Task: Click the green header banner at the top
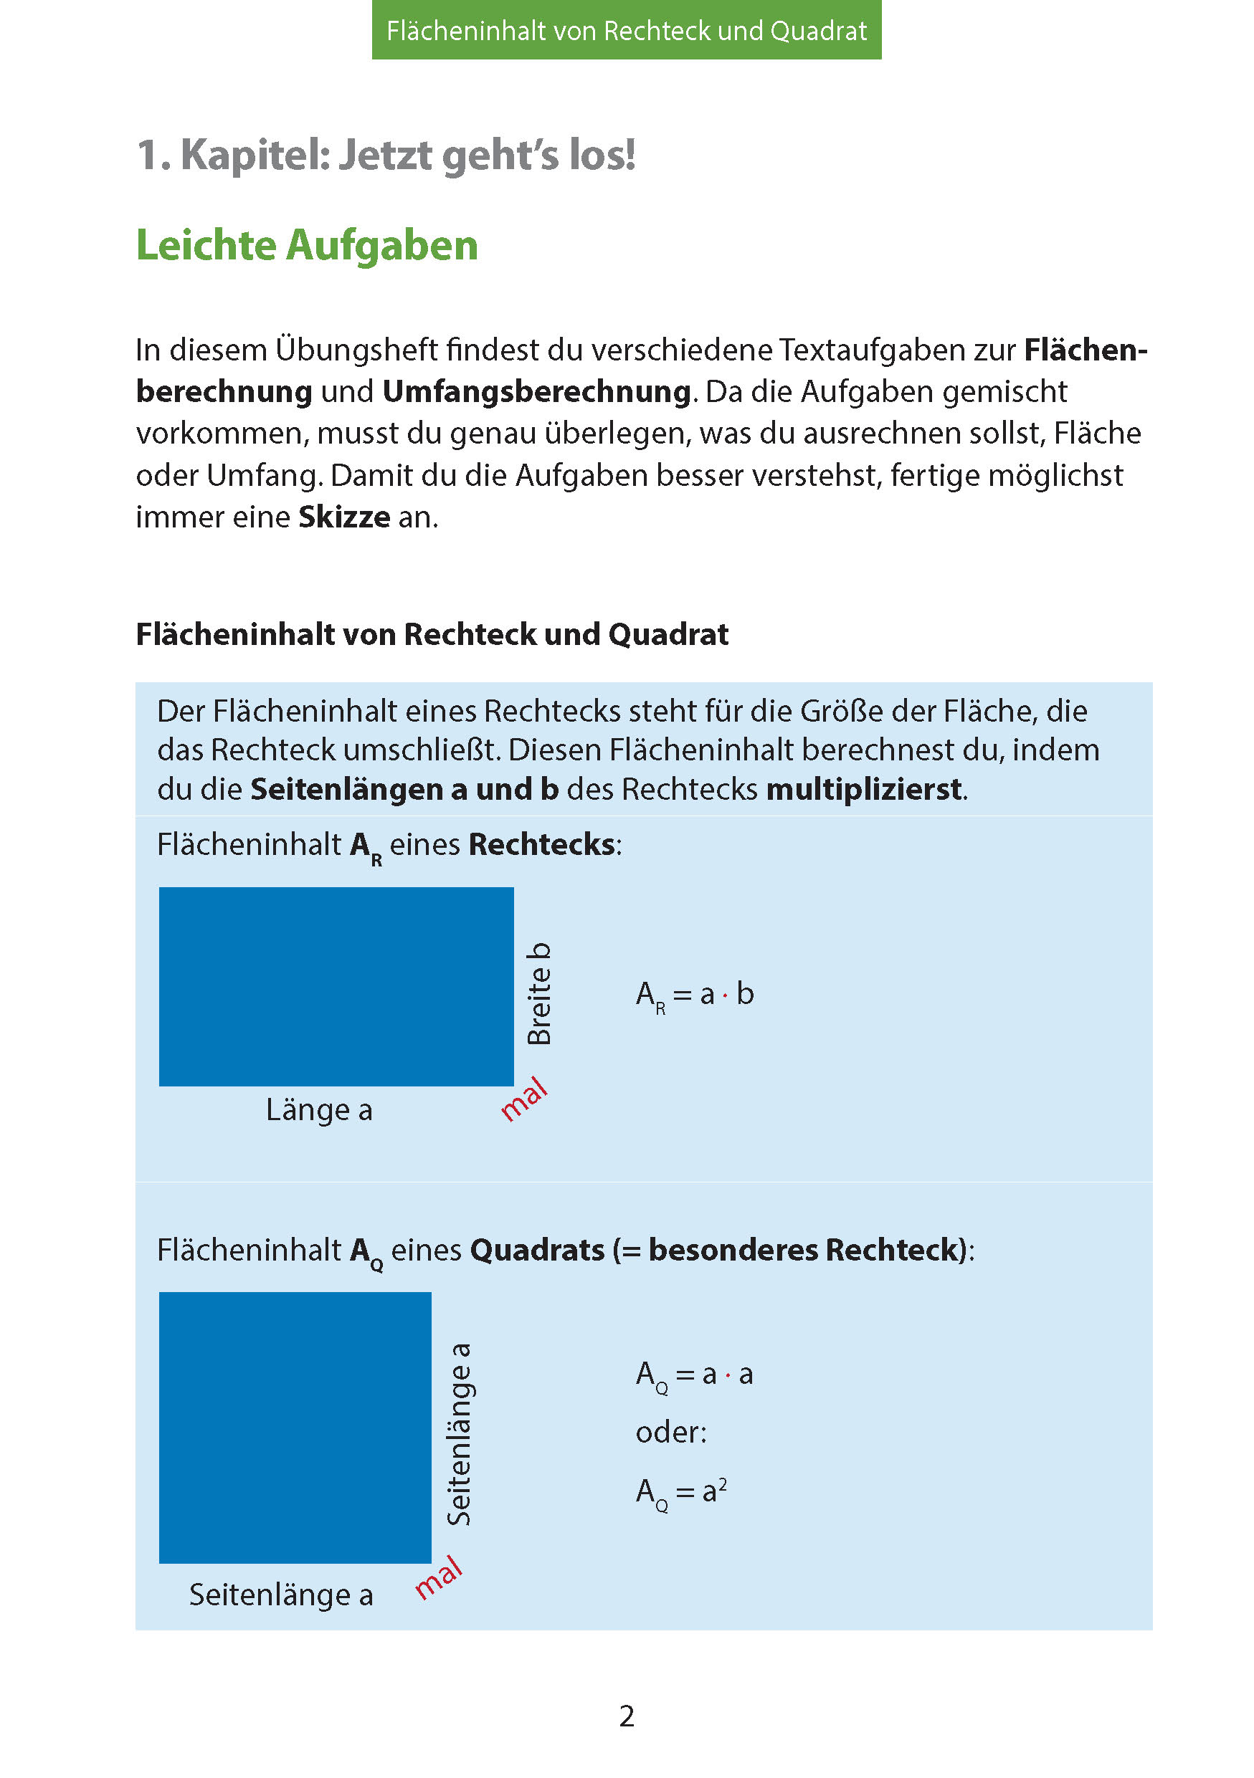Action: [x=626, y=30]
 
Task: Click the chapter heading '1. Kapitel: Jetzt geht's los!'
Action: [x=386, y=155]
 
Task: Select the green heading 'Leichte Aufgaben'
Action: [x=307, y=246]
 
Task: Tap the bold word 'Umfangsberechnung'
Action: [x=537, y=392]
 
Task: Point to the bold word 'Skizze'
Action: [x=344, y=517]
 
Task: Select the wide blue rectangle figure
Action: [x=336, y=986]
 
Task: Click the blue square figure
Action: [x=295, y=1427]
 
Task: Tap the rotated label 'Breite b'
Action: [x=539, y=993]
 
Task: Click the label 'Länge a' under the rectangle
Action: [x=319, y=1109]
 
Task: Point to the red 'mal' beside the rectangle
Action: [x=524, y=1099]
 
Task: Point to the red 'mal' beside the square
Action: [x=438, y=1577]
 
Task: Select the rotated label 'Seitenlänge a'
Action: [x=460, y=1434]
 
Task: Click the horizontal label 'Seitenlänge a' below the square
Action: [x=281, y=1594]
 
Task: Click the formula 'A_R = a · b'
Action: [x=695, y=995]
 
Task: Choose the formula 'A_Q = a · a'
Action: [x=695, y=1375]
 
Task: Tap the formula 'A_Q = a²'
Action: [x=682, y=1491]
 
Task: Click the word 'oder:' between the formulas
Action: [x=671, y=1433]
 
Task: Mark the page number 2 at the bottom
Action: [x=627, y=1716]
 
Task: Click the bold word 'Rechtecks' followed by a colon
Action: [x=541, y=845]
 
